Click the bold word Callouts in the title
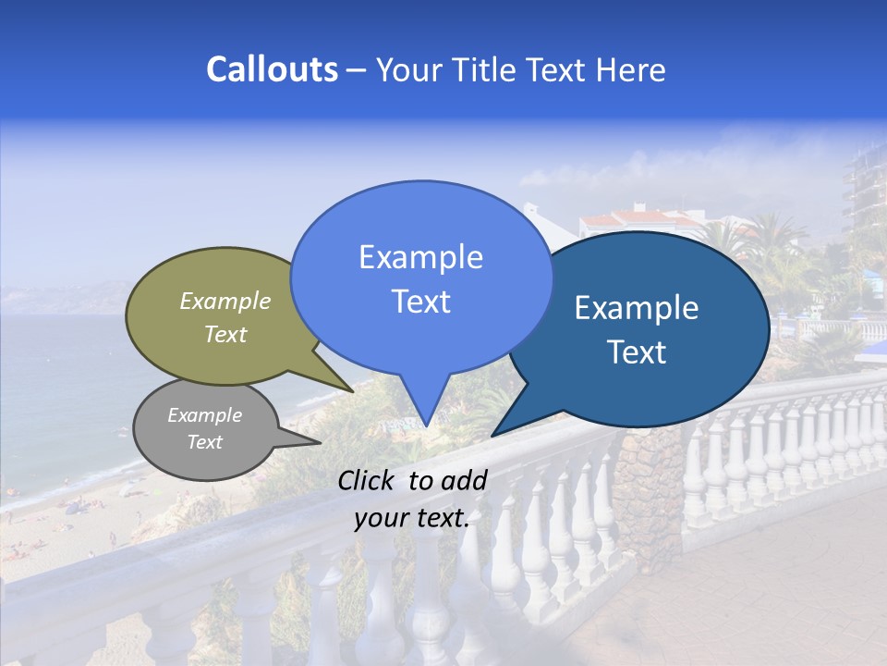coord(272,69)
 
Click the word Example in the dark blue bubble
coord(637,308)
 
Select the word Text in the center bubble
coord(420,302)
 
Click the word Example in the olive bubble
coord(225,301)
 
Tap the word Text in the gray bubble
coord(205,442)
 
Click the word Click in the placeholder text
coord(368,480)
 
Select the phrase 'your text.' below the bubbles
coord(411,519)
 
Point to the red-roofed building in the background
coord(628,222)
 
